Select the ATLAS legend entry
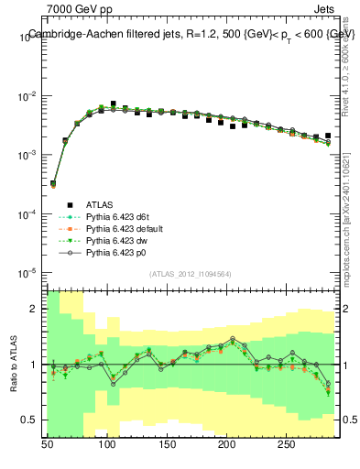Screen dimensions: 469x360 click(99, 204)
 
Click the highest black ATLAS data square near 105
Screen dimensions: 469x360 click(114, 104)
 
